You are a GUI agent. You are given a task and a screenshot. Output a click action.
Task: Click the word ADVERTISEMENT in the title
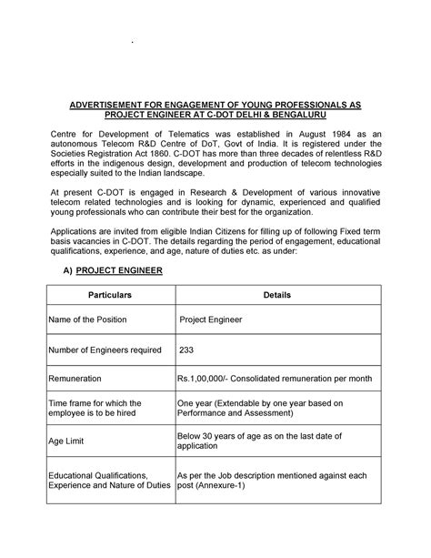pos(107,106)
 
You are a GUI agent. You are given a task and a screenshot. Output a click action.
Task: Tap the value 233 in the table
pos(188,350)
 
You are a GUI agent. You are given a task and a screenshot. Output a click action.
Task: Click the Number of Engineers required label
pos(105,350)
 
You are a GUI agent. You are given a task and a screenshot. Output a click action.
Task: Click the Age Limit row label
pos(69,441)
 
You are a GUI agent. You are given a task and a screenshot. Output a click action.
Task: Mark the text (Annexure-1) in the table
pos(232,485)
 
